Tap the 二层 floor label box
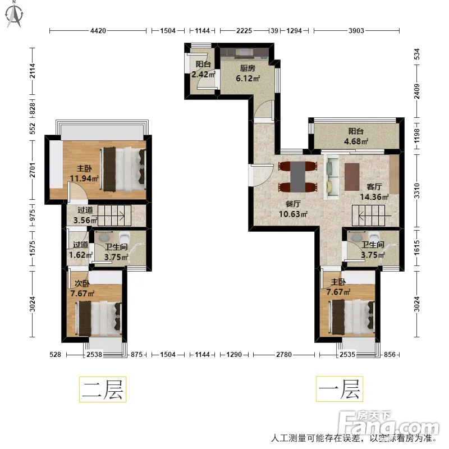point(103,390)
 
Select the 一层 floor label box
point(340,389)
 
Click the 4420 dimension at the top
point(98,31)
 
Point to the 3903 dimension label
point(356,31)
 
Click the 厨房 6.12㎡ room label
point(248,74)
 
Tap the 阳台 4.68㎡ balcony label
point(356,136)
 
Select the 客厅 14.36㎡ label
point(374,192)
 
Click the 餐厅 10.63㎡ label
point(293,209)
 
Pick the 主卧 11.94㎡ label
point(84,173)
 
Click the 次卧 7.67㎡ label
point(82,288)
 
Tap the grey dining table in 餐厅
point(297,177)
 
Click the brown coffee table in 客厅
point(352,177)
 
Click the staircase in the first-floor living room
point(369,216)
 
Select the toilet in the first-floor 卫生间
point(374,237)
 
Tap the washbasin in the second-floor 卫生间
point(103,237)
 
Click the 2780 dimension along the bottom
point(284,355)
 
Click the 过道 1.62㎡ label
point(81,250)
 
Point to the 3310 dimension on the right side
point(417,191)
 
